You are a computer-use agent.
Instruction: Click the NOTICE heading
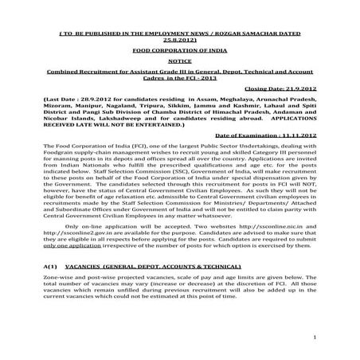pyautogui.click(x=180, y=60)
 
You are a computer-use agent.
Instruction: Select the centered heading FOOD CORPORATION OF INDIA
pyautogui.click(x=180, y=48)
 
